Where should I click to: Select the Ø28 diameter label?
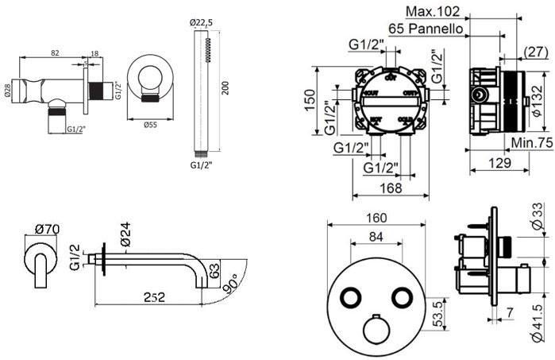(7, 89)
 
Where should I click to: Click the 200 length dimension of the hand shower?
(226, 87)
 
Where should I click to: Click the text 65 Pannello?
(426, 28)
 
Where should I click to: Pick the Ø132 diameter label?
(538, 100)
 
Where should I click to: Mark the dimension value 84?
(378, 235)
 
